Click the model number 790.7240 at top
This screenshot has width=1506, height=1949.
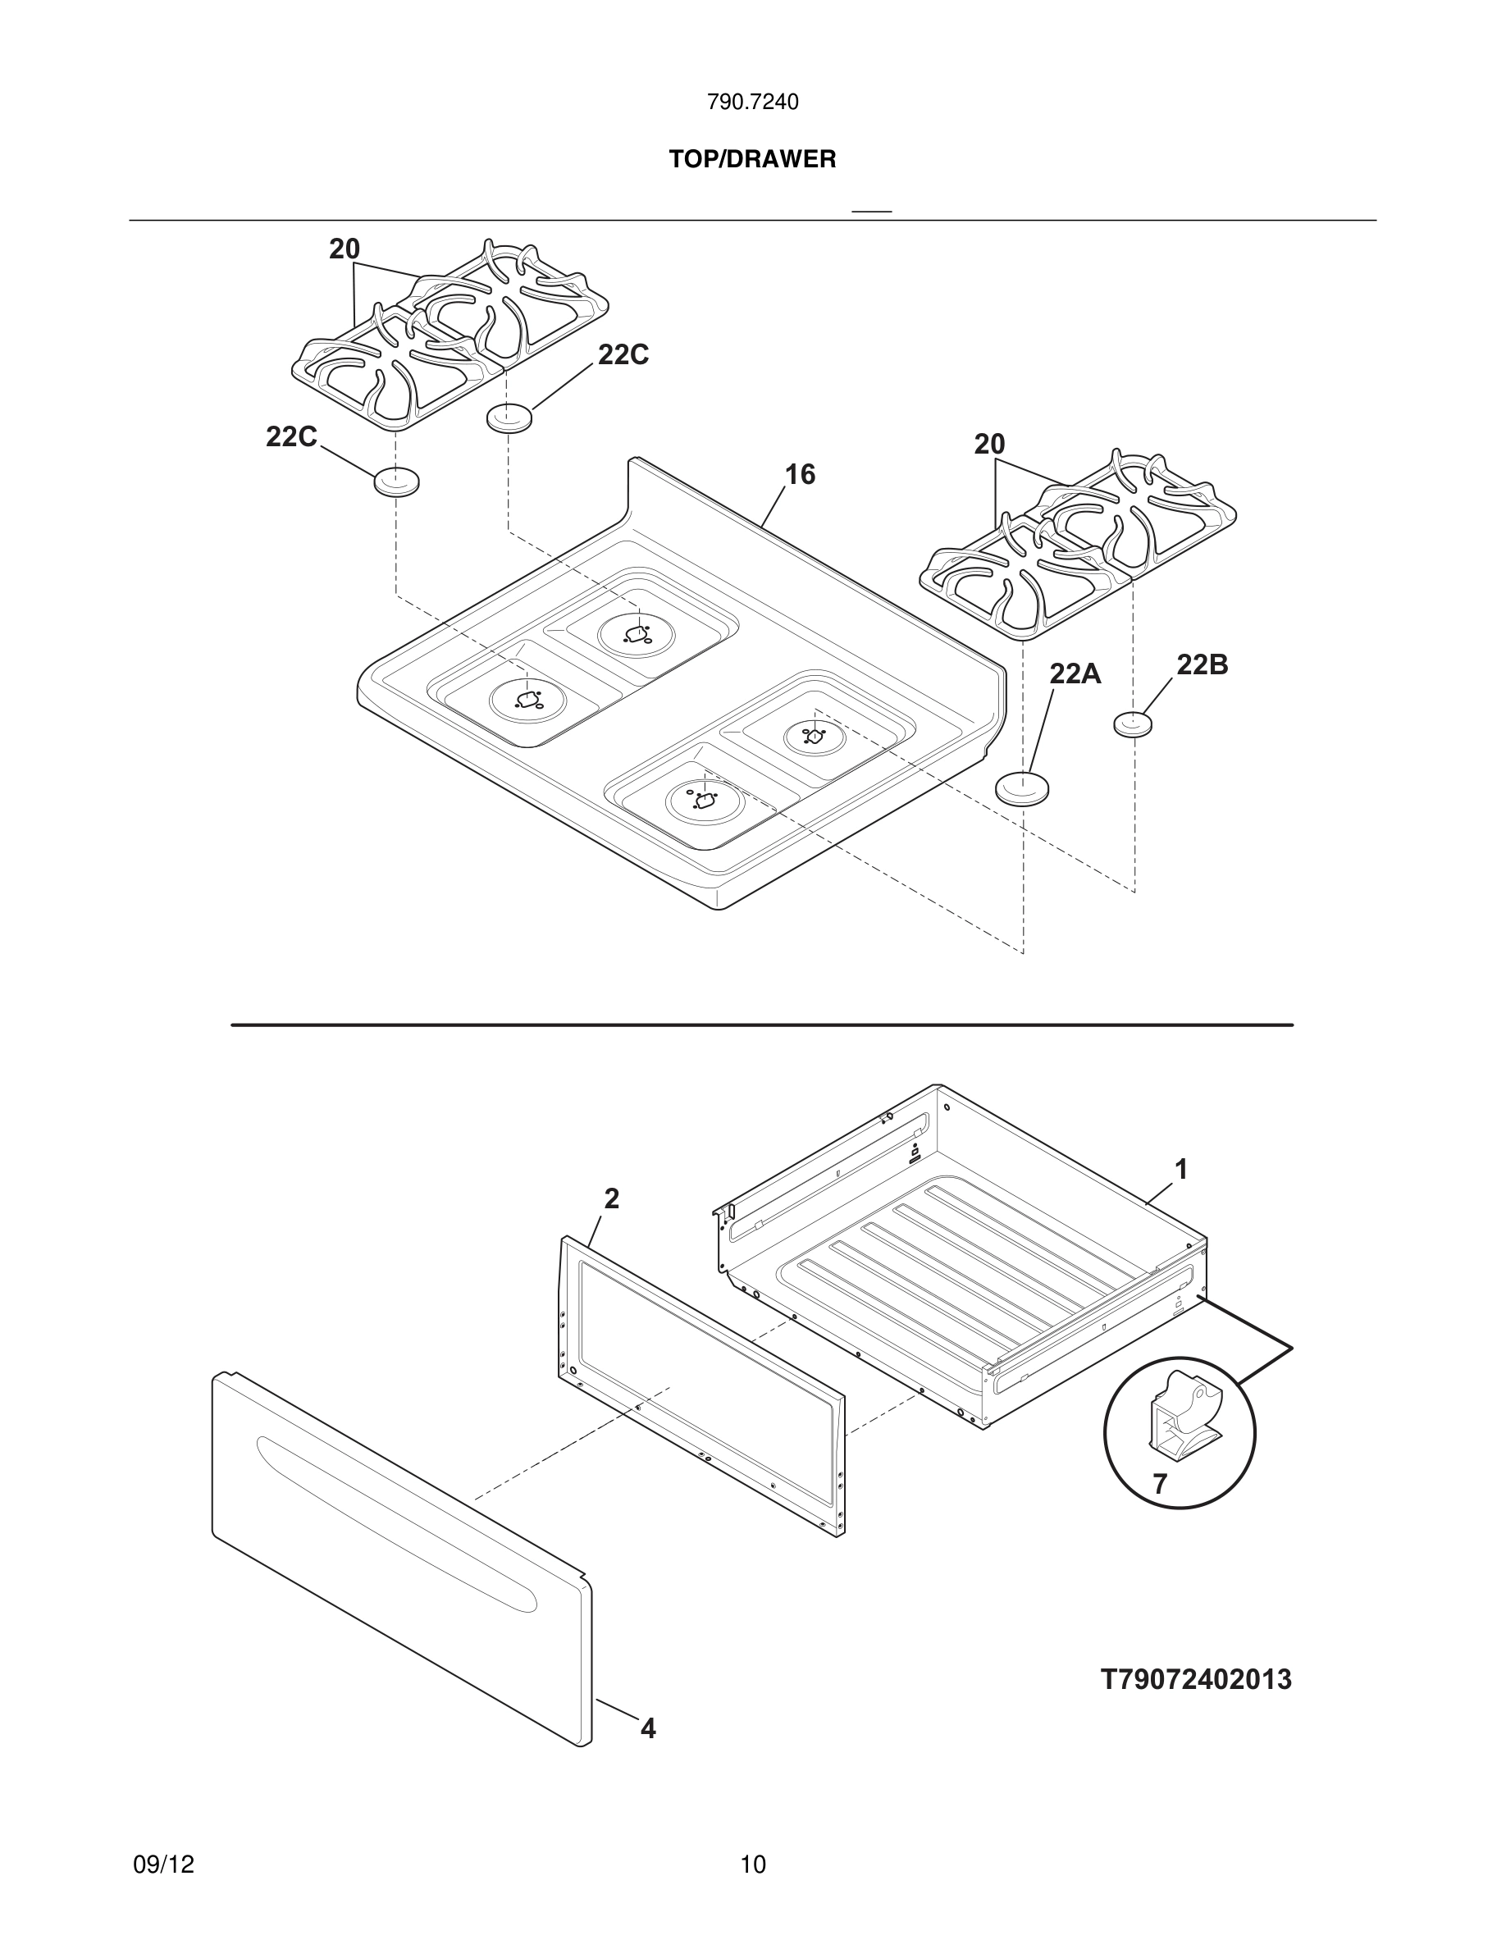pos(752,103)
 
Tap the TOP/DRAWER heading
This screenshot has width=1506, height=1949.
pos(752,160)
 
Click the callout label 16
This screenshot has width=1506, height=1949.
pos(800,475)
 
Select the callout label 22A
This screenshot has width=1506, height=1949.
pos(1075,673)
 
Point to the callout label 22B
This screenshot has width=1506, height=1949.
pos(1202,664)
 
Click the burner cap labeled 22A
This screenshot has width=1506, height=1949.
pos(1021,789)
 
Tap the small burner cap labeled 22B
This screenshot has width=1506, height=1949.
pos(1132,723)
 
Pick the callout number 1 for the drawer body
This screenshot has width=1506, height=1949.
pos(1180,1169)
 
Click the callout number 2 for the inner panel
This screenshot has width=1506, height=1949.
pos(611,1199)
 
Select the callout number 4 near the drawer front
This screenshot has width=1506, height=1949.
pos(649,1728)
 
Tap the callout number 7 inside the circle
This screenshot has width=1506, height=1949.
pos(1159,1484)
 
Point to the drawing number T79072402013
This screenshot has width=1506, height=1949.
pos(1195,1679)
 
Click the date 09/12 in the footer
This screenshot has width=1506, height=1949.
pos(163,1865)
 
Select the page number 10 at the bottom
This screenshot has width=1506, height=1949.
pos(752,1865)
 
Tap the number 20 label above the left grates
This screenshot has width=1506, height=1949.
pos(345,250)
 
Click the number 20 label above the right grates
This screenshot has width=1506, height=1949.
pos(988,445)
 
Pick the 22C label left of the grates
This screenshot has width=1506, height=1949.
pos(291,437)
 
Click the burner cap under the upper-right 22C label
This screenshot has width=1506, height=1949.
pos(509,418)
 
